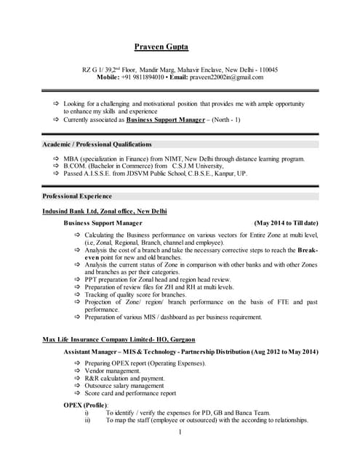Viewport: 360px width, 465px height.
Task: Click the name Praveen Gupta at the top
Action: point(161,47)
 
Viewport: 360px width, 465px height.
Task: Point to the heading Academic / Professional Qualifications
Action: point(97,144)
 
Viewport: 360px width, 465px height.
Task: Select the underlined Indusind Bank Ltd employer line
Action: point(105,211)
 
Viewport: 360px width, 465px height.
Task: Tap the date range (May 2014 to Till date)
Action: point(287,223)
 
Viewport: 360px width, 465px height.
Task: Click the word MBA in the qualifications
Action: point(71,159)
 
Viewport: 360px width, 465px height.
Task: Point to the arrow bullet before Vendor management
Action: point(78,371)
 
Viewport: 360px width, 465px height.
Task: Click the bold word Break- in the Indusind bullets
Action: point(308,249)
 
